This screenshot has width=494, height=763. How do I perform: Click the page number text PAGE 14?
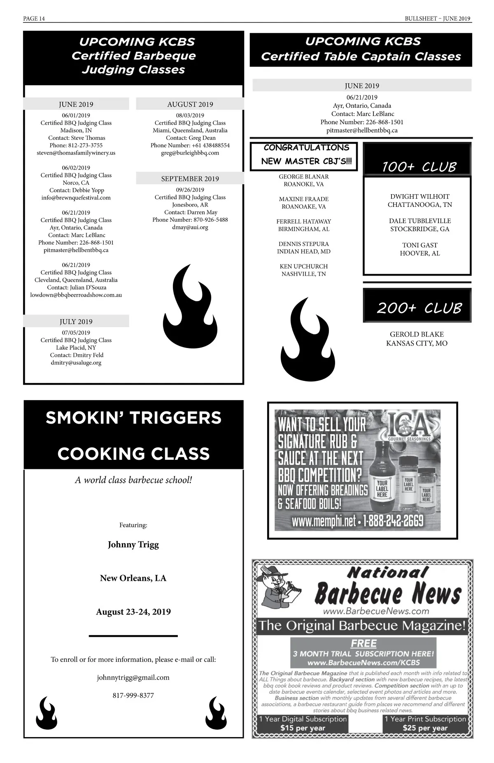(34, 19)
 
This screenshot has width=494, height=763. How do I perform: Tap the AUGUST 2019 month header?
(190, 104)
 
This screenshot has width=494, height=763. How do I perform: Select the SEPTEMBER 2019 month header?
(190, 179)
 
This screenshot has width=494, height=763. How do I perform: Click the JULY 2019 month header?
(76, 322)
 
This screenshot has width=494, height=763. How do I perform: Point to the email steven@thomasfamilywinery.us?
(76, 153)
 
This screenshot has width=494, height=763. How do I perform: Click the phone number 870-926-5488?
(210, 220)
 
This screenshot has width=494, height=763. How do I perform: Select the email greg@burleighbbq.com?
(190, 153)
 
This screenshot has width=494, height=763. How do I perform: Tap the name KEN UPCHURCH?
(304, 267)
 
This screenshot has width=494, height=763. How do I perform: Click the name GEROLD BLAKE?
(417, 334)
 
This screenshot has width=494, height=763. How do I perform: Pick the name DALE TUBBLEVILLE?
(420, 221)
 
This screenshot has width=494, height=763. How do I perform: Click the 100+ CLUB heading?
(419, 167)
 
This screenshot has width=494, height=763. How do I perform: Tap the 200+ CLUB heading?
(419, 308)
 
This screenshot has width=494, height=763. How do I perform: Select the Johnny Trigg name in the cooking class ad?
(133, 545)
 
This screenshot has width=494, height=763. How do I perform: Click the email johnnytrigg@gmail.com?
(133, 677)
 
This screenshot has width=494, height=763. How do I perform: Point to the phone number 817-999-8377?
(133, 696)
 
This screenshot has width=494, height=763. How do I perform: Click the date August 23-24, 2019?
(133, 612)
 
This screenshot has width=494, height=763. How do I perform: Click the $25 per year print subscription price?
(425, 728)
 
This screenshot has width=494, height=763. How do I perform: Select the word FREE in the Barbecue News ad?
(364, 643)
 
